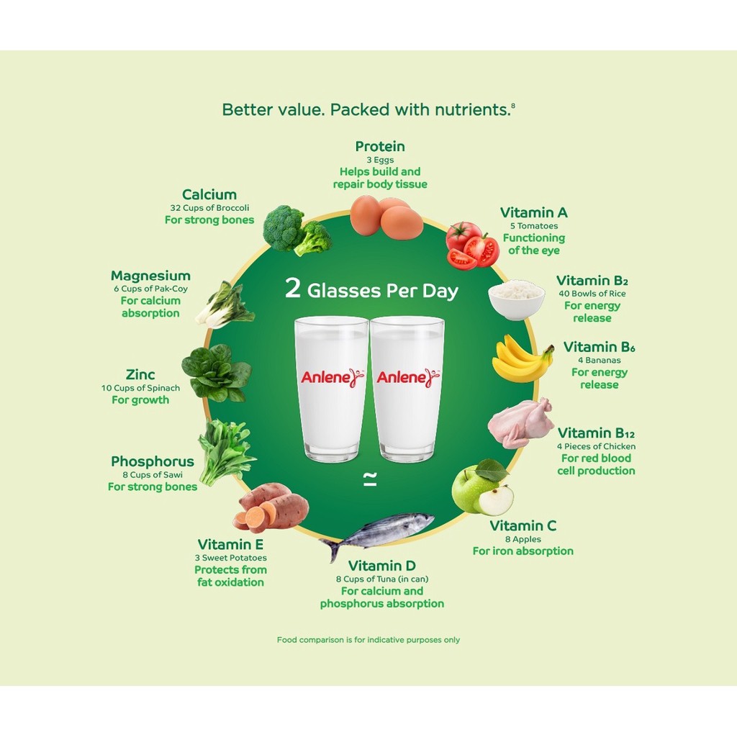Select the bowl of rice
coord(516,299)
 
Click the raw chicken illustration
coord(520,422)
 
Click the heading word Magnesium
coord(150,276)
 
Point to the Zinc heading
coord(140,375)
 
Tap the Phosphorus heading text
coord(152,461)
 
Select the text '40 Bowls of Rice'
coord(592,294)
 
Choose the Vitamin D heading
coord(381,566)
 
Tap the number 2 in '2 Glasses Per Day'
coord(292,289)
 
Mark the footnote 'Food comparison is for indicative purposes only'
coord(368,640)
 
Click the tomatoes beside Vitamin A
coord(472,245)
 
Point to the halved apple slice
coord(496,500)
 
